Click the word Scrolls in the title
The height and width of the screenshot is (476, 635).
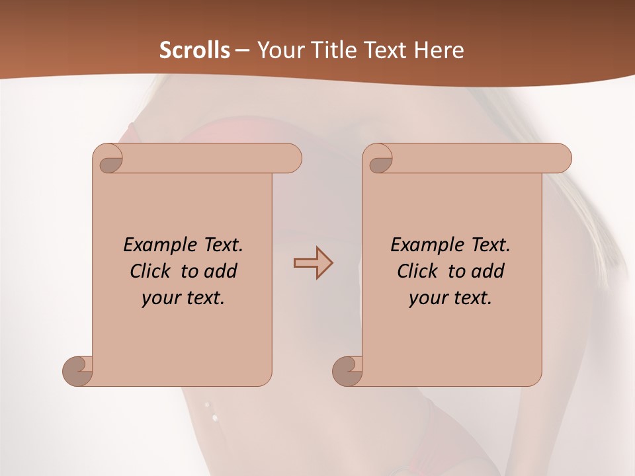tap(195, 50)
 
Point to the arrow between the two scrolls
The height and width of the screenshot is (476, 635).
tap(313, 263)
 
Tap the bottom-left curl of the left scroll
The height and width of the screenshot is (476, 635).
tap(77, 372)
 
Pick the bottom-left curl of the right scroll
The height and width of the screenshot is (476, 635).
tap(347, 372)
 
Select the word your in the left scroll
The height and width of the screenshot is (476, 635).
tap(160, 298)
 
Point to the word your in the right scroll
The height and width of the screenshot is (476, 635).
tap(427, 298)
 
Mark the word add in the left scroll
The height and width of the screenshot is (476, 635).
tap(222, 271)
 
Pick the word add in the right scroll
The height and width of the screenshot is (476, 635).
tap(489, 271)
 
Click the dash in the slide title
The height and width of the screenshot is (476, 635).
tap(242, 51)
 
